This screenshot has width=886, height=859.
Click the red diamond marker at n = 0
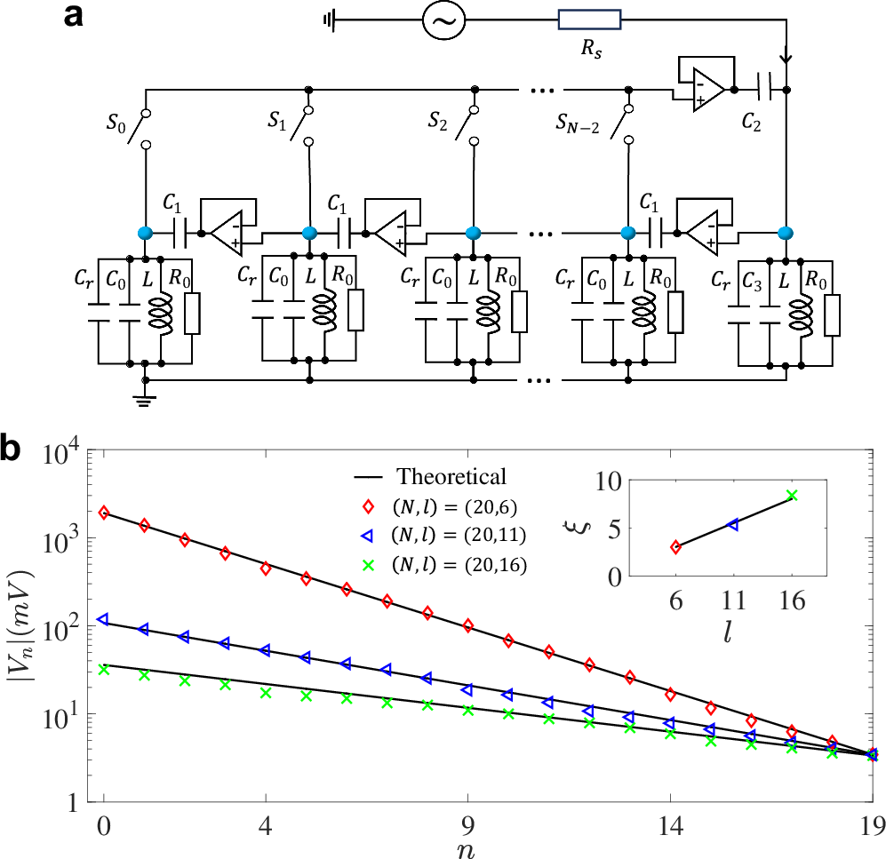pyautogui.click(x=104, y=513)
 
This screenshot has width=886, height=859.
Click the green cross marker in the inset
pyautogui.click(x=792, y=495)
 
